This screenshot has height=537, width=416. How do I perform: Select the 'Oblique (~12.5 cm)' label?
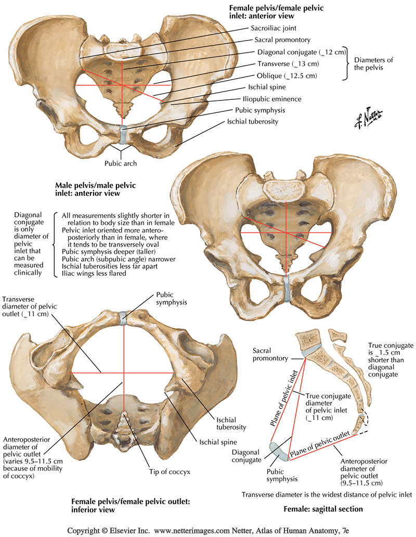click(x=287, y=75)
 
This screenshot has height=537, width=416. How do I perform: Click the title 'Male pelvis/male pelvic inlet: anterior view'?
click(x=87, y=189)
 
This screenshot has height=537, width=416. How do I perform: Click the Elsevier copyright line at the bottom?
click(x=208, y=531)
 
